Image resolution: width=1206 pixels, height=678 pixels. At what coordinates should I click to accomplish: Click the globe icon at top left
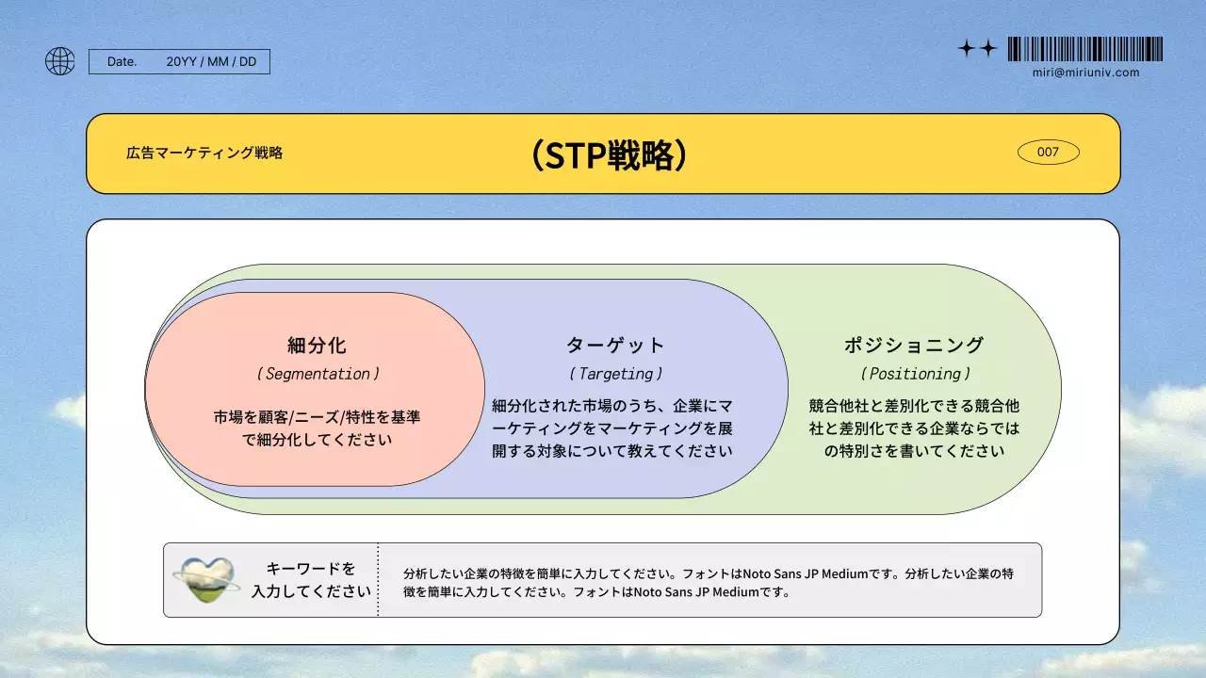pos(59,61)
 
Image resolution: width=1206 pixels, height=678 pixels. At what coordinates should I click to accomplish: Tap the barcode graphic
pos(1084,49)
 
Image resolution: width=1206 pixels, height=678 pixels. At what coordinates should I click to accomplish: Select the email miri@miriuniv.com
pos(1085,73)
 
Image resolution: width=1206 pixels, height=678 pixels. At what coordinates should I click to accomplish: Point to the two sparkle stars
pos(977,49)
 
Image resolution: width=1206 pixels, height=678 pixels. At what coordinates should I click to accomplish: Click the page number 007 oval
pos(1048,152)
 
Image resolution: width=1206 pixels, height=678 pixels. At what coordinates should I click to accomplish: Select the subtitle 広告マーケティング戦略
pos(204,153)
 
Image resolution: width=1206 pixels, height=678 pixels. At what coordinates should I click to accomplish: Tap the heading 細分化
pos(317,345)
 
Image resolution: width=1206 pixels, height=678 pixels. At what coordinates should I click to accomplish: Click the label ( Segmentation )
pos(318,374)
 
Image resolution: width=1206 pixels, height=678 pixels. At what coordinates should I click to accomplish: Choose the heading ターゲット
pos(615,345)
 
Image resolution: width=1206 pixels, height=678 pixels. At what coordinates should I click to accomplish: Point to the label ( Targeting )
pos(615,374)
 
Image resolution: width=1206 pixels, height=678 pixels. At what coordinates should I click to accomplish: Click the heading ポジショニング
pos(914,345)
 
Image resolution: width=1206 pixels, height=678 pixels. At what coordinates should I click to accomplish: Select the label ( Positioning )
pos(915,374)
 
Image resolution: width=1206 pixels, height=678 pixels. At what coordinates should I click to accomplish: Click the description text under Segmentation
pos(317,428)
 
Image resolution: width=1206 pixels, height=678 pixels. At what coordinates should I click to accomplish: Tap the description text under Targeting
pos(612,428)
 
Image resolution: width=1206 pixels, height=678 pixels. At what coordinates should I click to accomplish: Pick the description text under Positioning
pos(914,428)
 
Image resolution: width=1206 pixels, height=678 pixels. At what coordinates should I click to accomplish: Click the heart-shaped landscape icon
pos(207,580)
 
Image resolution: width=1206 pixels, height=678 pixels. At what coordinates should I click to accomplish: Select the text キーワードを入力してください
pos(311,580)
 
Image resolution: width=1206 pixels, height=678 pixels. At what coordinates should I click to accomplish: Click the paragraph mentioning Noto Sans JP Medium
pos(708,583)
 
